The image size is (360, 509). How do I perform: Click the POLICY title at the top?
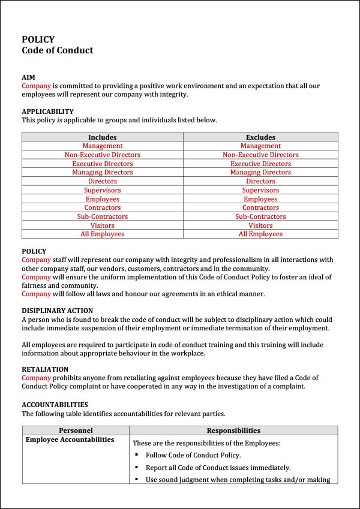click(x=38, y=40)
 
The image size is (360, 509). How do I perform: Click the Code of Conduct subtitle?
click(x=58, y=50)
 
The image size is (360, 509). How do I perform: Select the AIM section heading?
click(x=28, y=77)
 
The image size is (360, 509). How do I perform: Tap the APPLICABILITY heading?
click(x=47, y=112)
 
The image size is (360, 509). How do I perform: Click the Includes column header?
click(x=102, y=137)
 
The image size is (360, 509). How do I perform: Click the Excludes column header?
click(x=260, y=137)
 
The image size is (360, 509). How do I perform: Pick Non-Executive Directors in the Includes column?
click(x=102, y=155)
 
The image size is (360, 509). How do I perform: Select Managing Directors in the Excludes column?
click(x=260, y=172)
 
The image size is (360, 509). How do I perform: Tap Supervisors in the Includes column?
click(x=102, y=190)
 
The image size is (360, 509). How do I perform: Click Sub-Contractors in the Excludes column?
click(x=260, y=216)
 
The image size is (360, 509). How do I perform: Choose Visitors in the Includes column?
click(x=102, y=225)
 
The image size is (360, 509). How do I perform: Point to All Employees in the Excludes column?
click(x=260, y=234)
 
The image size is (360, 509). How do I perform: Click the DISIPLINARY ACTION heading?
click(x=57, y=311)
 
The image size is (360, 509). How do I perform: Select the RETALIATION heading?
click(x=45, y=369)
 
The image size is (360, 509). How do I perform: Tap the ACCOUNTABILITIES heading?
click(x=55, y=405)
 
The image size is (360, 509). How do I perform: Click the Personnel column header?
click(x=76, y=430)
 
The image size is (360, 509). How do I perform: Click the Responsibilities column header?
click(x=233, y=430)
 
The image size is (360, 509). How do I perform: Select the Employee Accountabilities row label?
click(x=70, y=440)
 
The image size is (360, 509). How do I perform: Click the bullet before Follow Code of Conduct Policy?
click(x=137, y=455)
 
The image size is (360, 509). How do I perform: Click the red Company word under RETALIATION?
click(x=36, y=378)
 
